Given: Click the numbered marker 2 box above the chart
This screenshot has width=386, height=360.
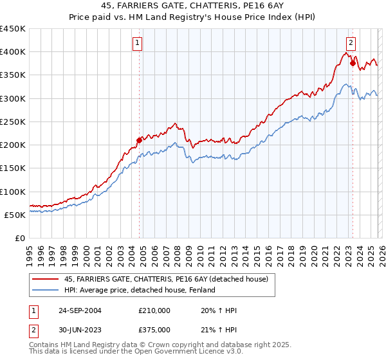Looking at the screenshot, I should pyautogui.click(x=351, y=43).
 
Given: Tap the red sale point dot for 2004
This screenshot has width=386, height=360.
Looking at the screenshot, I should pyautogui.click(x=140, y=139).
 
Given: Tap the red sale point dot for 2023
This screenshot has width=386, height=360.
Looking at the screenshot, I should pyautogui.click(x=353, y=63).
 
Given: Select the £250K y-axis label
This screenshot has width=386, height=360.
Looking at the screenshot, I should pyautogui.click(x=12, y=122).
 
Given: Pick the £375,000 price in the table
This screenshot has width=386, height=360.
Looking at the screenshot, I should pyautogui.click(x=154, y=330).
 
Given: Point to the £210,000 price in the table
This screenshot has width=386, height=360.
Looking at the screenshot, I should pyautogui.click(x=154, y=310).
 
